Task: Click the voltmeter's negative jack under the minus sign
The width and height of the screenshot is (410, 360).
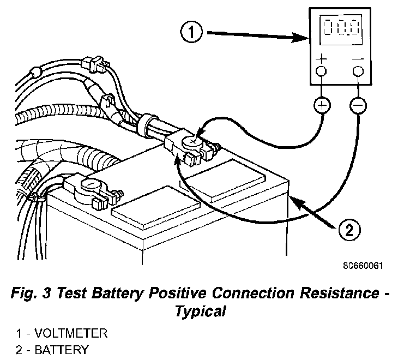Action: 358,71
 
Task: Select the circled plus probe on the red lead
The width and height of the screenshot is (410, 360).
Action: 322,105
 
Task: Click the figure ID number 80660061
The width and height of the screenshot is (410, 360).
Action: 363,267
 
